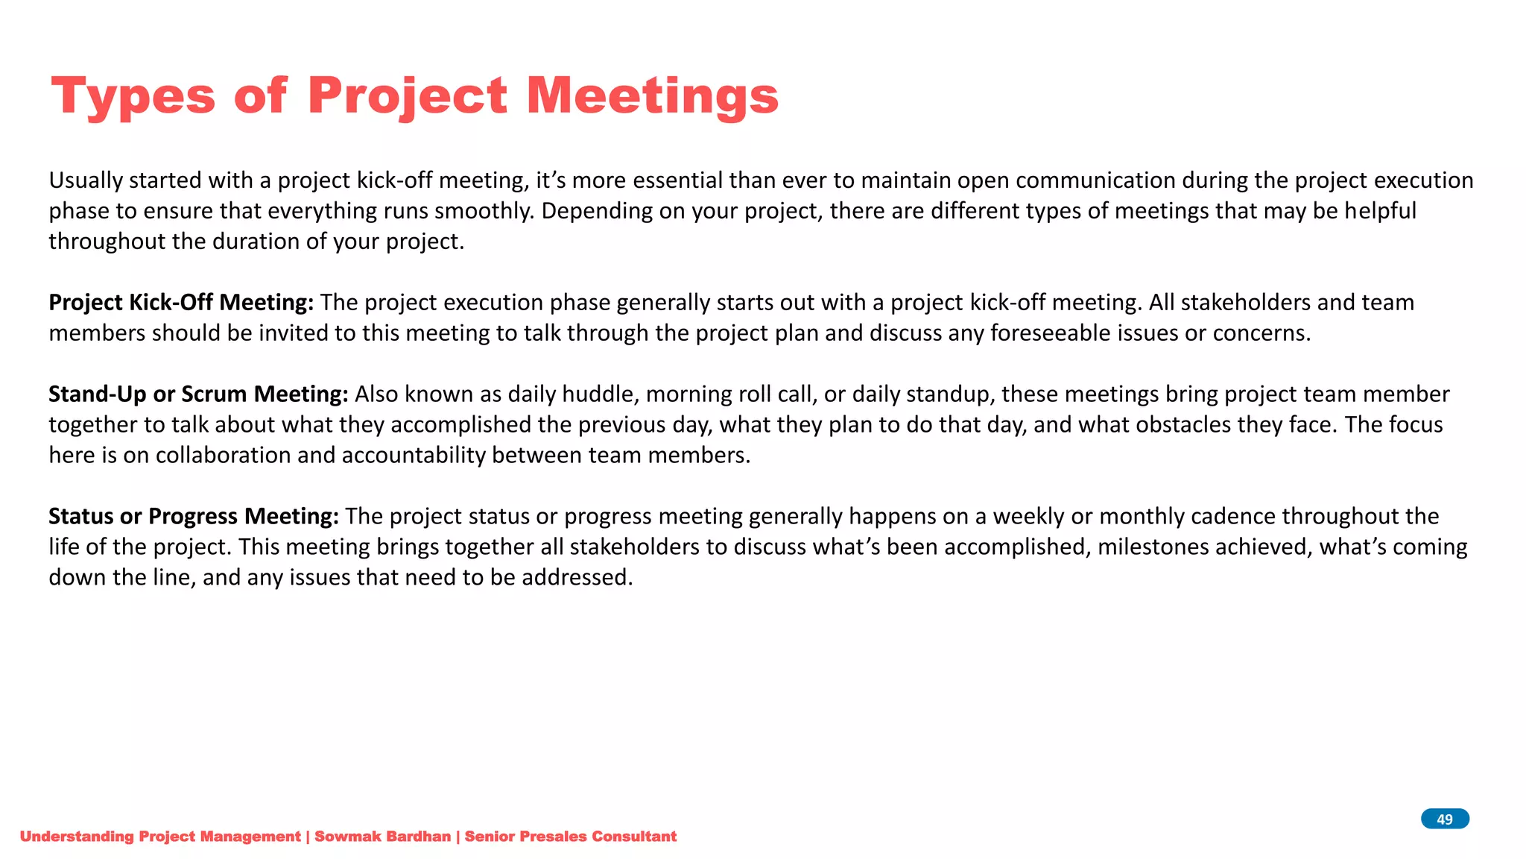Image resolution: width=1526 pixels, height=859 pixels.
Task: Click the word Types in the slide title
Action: pyautogui.click(x=133, y=96)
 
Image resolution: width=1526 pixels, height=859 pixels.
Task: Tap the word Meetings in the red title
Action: pyautogui.click(x=652, y=96)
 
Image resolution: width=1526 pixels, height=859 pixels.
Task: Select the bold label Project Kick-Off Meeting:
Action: pyautogui.click(x=181, y=303)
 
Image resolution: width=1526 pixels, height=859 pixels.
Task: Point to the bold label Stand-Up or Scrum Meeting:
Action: pyautogui.click(x=198, y=394)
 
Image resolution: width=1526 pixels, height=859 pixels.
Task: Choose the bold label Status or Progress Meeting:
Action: pyautogui.click(x=194, y=517)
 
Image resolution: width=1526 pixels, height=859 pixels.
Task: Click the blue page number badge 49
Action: pyautogui.click(x=1444, y=819)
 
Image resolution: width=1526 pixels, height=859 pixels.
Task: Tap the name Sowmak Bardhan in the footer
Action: pyautogui.click(x=382, y=837)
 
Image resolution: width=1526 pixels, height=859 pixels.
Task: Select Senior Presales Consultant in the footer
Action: pyautogui.click(x=570, y=837)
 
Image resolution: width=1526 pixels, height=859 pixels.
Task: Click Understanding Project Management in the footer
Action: pyautogui.click(x=160, y=837)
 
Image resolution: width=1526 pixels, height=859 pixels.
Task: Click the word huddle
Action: pyautogui.click(x=600, y=394)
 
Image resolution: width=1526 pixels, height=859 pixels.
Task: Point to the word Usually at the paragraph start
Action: pyautogui.click(x=86, y=180)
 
